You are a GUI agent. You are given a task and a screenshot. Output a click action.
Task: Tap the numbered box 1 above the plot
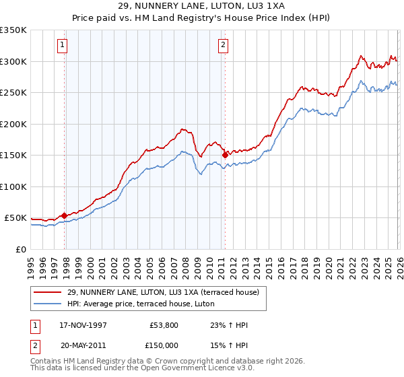coord(62,45)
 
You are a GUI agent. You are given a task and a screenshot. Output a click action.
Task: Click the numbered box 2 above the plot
coord(223,45)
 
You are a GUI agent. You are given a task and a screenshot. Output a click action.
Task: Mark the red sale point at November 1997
coord(65,215)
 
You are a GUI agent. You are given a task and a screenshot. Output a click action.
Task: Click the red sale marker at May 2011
coord(225,155)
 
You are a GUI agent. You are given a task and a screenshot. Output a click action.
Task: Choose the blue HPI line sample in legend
coord(48,304)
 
